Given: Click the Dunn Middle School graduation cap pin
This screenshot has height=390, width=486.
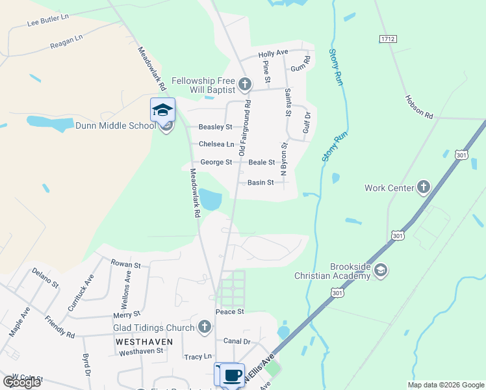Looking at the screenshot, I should (162, 110).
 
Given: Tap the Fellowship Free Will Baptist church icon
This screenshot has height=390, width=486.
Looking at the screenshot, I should (244, 84).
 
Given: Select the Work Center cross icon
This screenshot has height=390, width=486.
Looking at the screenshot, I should (423, 188).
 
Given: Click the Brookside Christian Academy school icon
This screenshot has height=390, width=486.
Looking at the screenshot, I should (381, 270).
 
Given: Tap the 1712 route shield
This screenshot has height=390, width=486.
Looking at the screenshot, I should (387, 40).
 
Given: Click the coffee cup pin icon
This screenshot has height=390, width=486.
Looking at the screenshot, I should (232, 375).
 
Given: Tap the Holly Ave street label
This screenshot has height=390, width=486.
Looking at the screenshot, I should (273, 53).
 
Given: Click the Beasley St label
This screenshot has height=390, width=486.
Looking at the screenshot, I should (215, 127).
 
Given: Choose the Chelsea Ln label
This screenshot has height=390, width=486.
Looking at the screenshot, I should (216, 144).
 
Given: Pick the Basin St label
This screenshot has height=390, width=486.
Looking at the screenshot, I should (261, 183).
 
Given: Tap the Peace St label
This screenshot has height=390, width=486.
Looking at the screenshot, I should (229, 312).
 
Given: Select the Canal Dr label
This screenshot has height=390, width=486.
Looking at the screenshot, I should (237, 341).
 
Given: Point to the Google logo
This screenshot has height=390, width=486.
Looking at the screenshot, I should (21, 382).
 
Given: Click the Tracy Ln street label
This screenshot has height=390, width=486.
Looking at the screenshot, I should (198, 357).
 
